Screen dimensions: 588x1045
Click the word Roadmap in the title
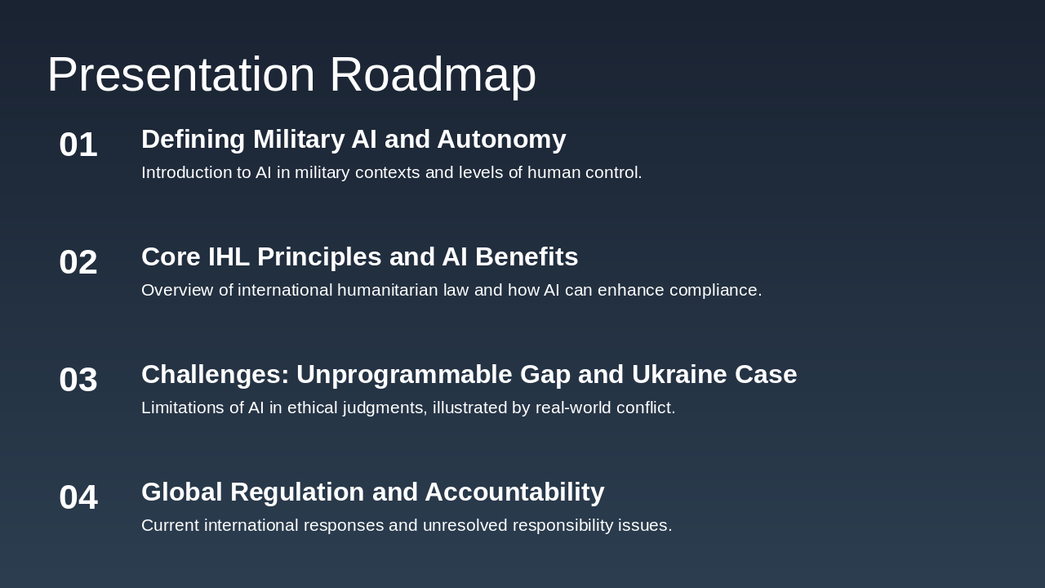(433, 74)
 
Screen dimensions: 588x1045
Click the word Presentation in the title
(181, 74)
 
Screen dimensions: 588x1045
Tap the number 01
(78, 145)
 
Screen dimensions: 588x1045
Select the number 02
(78, 262)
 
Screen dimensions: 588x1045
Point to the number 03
(78, 380)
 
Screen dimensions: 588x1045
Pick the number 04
(78, 497)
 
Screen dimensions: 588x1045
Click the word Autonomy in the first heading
(501, 140)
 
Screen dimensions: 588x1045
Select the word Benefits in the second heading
(527, 257)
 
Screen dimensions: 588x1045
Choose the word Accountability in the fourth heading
(514, 492)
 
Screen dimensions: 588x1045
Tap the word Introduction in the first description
(187, 172)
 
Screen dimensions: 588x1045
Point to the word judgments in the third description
(384, 408)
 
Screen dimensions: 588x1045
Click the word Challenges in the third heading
(215, 375)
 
